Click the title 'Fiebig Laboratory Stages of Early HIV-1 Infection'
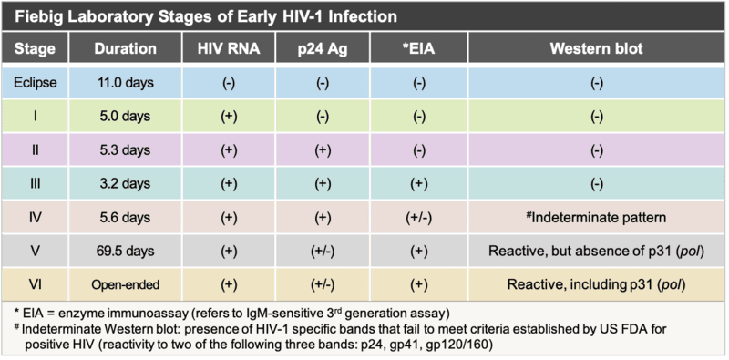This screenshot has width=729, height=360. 204,17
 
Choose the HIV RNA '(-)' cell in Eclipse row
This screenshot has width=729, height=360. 225,83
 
